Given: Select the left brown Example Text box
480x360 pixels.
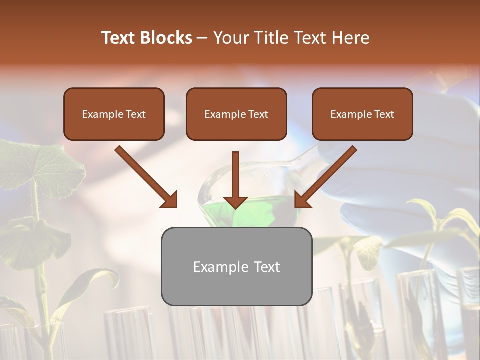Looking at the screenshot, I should tap(114, 114).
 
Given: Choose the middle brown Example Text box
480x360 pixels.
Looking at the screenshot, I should tap(236, 114).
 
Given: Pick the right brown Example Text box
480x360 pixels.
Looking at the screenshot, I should tap(362, 114).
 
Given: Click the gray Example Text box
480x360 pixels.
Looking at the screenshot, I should tap(236, 266).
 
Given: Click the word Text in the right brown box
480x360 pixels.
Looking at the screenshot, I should tap(384, 114).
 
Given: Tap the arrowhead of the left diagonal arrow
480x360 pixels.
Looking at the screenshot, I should tap(170, 200).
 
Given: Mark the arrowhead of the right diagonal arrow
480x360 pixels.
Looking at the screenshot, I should tap(302, 200).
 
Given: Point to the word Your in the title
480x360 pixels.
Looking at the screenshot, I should tap(230, 38).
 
